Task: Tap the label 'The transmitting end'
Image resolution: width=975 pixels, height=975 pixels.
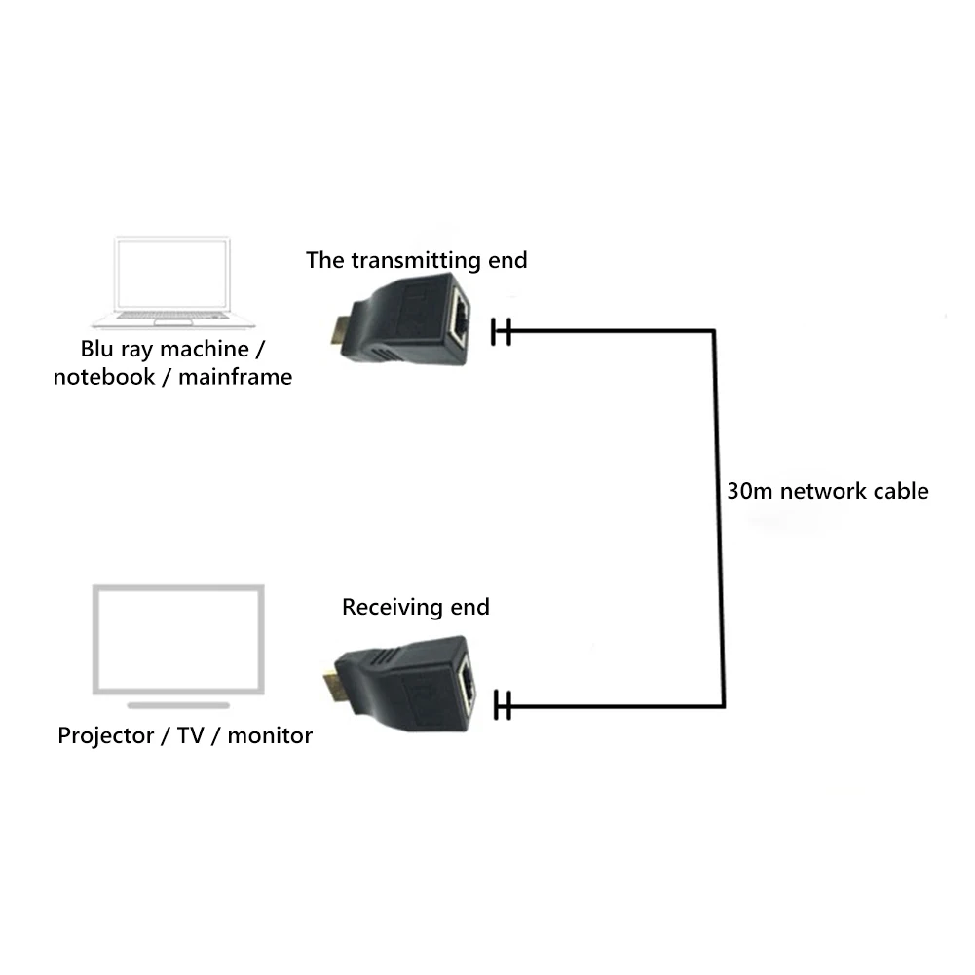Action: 416,260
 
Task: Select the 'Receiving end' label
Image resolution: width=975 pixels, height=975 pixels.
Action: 415,608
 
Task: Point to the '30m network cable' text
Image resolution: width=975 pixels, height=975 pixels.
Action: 827,491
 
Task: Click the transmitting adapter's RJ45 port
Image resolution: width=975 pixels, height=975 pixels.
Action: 460,318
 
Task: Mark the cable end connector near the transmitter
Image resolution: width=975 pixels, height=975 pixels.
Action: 503,331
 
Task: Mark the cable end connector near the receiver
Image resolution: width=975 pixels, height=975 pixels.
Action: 503,704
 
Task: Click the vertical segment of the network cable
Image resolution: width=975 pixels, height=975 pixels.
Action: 718,516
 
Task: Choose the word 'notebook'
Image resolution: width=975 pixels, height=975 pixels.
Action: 102,377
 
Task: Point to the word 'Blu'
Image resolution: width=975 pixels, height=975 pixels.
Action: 99,348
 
